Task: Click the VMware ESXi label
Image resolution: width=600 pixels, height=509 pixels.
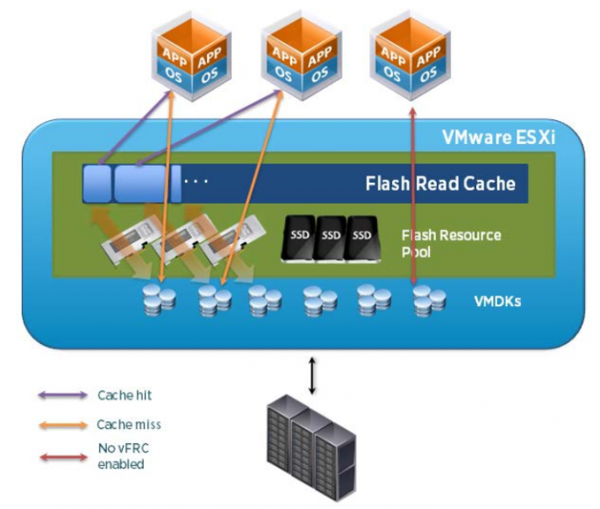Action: click(x=498, y=136)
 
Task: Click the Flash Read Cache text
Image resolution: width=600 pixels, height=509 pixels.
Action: click(x=440, y=184)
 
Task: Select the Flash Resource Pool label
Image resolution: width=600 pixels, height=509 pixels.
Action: click(x=451, y=243)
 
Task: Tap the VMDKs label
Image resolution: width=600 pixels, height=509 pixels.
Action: click(x=499, y=300)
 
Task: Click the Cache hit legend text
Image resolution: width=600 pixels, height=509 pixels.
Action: click(x=125, y=396)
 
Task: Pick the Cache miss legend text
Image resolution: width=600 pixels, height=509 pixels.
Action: click(x=129, y=425)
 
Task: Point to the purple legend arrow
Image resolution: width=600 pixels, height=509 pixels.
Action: click(x=62, y=396)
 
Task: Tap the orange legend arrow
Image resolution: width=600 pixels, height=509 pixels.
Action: click(x=62, y=425)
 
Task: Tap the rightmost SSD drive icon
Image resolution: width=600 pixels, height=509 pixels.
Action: click(x=361, y=238)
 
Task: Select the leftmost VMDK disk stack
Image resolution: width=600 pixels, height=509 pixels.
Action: click(x=159, y=300)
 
